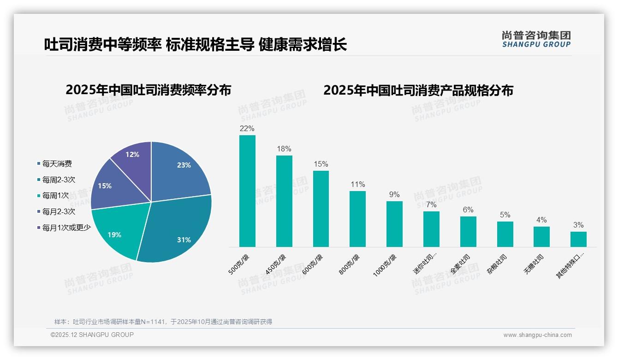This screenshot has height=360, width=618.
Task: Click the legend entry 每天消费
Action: coord(57,164)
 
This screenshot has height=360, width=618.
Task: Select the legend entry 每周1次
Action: coord(55,196)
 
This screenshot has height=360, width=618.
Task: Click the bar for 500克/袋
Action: coord(247,191)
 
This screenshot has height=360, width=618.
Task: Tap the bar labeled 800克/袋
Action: coord(357,219)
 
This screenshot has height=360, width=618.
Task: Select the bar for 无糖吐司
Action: coord(541,236)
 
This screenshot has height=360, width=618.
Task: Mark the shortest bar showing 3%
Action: coord(578,239)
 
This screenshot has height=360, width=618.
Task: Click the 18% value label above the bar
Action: coord(284,149)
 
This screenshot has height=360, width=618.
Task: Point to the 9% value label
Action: coord(394,195)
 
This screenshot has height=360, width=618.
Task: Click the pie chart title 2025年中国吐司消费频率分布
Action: coord(149,90)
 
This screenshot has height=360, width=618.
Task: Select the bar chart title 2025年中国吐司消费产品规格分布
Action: coord(418,90)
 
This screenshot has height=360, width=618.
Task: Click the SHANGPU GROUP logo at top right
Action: coord(536,39)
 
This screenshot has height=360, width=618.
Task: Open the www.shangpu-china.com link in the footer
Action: coord(537,335)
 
